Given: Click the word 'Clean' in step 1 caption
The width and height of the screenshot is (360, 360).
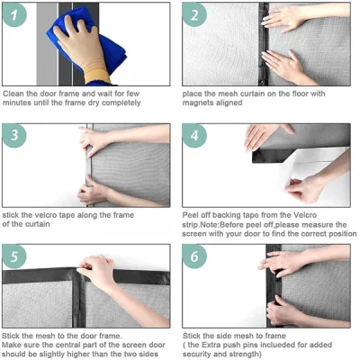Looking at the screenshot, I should [14, 93].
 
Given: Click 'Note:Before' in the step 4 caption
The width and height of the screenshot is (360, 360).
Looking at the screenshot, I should [235, 224].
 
